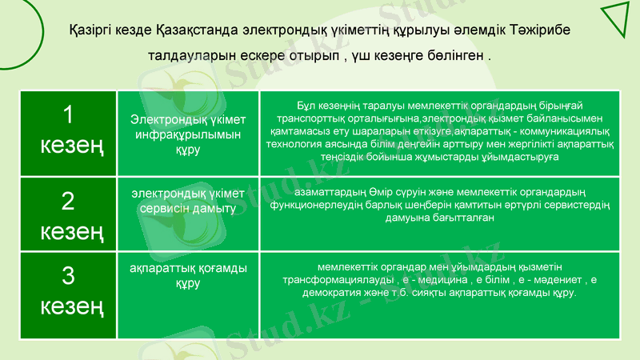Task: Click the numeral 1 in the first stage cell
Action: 68,117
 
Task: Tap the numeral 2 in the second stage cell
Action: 68,202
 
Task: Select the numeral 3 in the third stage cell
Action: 68,276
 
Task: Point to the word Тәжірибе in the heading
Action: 542,30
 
